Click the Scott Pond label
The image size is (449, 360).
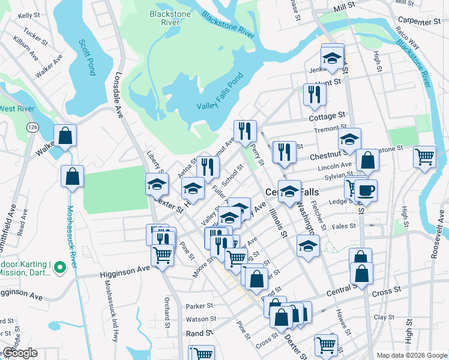(x=88, y=57)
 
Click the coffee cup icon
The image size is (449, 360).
(x=366, y=191)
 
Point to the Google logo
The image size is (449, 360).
(x=19, y=353)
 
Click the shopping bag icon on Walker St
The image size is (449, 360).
(x=65, y=135)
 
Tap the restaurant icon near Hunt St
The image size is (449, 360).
(x=314, y=94)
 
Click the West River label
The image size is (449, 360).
(x=16, y=109)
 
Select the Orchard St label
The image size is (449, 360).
(x=167, y=308)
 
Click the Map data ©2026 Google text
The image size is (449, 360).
(x=412, y=355)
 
